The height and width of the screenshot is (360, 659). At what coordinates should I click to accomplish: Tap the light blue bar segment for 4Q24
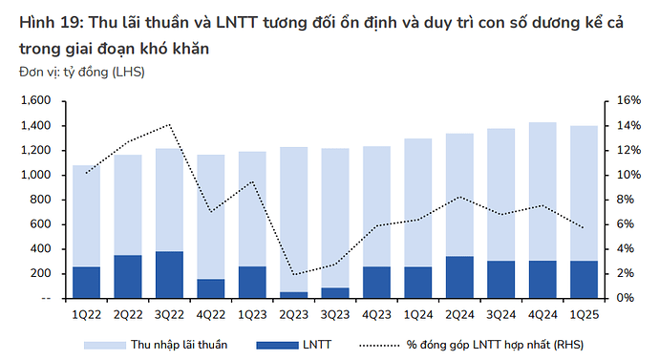coord(543,191)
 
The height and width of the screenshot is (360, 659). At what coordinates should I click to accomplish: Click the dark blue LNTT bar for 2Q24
coord(460,277)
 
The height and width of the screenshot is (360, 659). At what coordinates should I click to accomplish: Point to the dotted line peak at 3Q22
coord(169,124)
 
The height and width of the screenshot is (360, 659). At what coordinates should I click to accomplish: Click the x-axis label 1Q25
coord(585,314)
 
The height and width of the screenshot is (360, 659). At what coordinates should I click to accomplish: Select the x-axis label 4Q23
coord(376,314)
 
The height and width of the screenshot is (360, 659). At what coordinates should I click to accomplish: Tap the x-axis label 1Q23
coord(252,314)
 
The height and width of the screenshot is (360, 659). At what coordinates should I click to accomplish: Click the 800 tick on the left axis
coord(40,200)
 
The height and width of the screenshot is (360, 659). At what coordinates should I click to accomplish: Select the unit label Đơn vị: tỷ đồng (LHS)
coord(81,72)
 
